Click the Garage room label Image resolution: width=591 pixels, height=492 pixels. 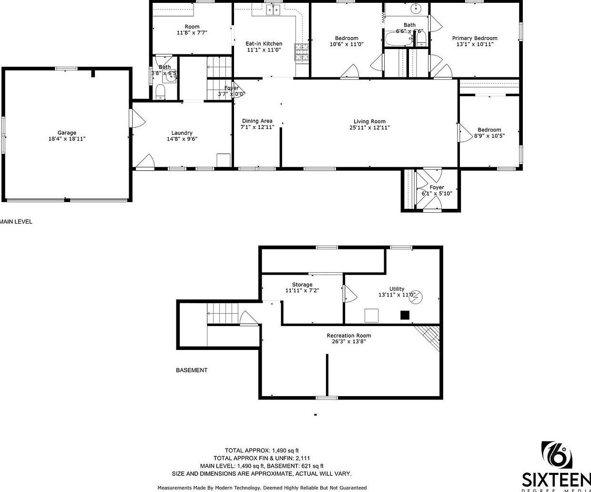click(x=67, y=133)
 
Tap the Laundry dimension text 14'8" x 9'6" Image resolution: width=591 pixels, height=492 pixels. click(x=182, y=139)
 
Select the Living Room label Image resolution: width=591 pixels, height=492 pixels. click(x=369, y=122)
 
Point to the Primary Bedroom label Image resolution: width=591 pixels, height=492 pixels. click(x=475, y=38)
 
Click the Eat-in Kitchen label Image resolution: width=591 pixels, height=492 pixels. click(x=264, y=43)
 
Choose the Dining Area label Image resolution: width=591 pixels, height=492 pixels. click(x=257, y=121)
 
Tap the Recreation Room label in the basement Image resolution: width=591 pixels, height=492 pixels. click(x=348, y=336)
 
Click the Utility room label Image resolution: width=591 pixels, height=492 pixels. click(x=397, y=289)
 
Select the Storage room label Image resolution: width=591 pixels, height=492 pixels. click(x=302, y=285)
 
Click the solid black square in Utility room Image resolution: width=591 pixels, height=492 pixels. click(x=405, y=315)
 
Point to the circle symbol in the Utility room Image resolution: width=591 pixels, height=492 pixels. click(x=418, y=297)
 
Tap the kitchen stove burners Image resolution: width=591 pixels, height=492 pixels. click(x=302, y=52)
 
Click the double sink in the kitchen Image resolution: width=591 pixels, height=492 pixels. click(x=273, y=10)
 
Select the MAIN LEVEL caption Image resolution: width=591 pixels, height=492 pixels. click(x=16, y=222)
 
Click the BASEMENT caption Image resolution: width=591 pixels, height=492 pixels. click(x=192, y=370)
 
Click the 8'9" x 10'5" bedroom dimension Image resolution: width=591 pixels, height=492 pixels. click(x=489, y=136)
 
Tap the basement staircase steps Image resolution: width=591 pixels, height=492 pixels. click(x=222, y=315)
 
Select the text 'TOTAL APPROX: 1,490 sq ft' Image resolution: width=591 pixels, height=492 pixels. click(x=262, y=450)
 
